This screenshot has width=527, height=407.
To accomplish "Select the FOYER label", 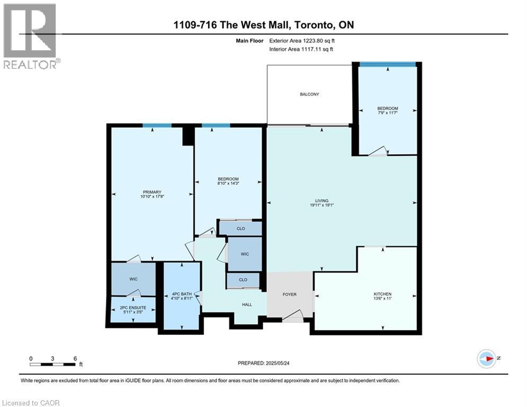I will (289, 295).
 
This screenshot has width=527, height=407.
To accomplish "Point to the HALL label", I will (247, 305).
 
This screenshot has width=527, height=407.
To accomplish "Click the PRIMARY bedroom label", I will (151, 192).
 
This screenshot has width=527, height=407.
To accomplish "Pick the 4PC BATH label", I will (182, 295).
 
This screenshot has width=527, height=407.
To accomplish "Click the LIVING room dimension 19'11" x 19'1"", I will (325, 205).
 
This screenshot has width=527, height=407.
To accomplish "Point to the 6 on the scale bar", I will (75, 358).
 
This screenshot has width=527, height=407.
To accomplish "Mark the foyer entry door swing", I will (292, 317).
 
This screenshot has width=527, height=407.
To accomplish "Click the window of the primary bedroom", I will (157, 126).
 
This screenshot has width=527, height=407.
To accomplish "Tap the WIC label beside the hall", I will (245, 254).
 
